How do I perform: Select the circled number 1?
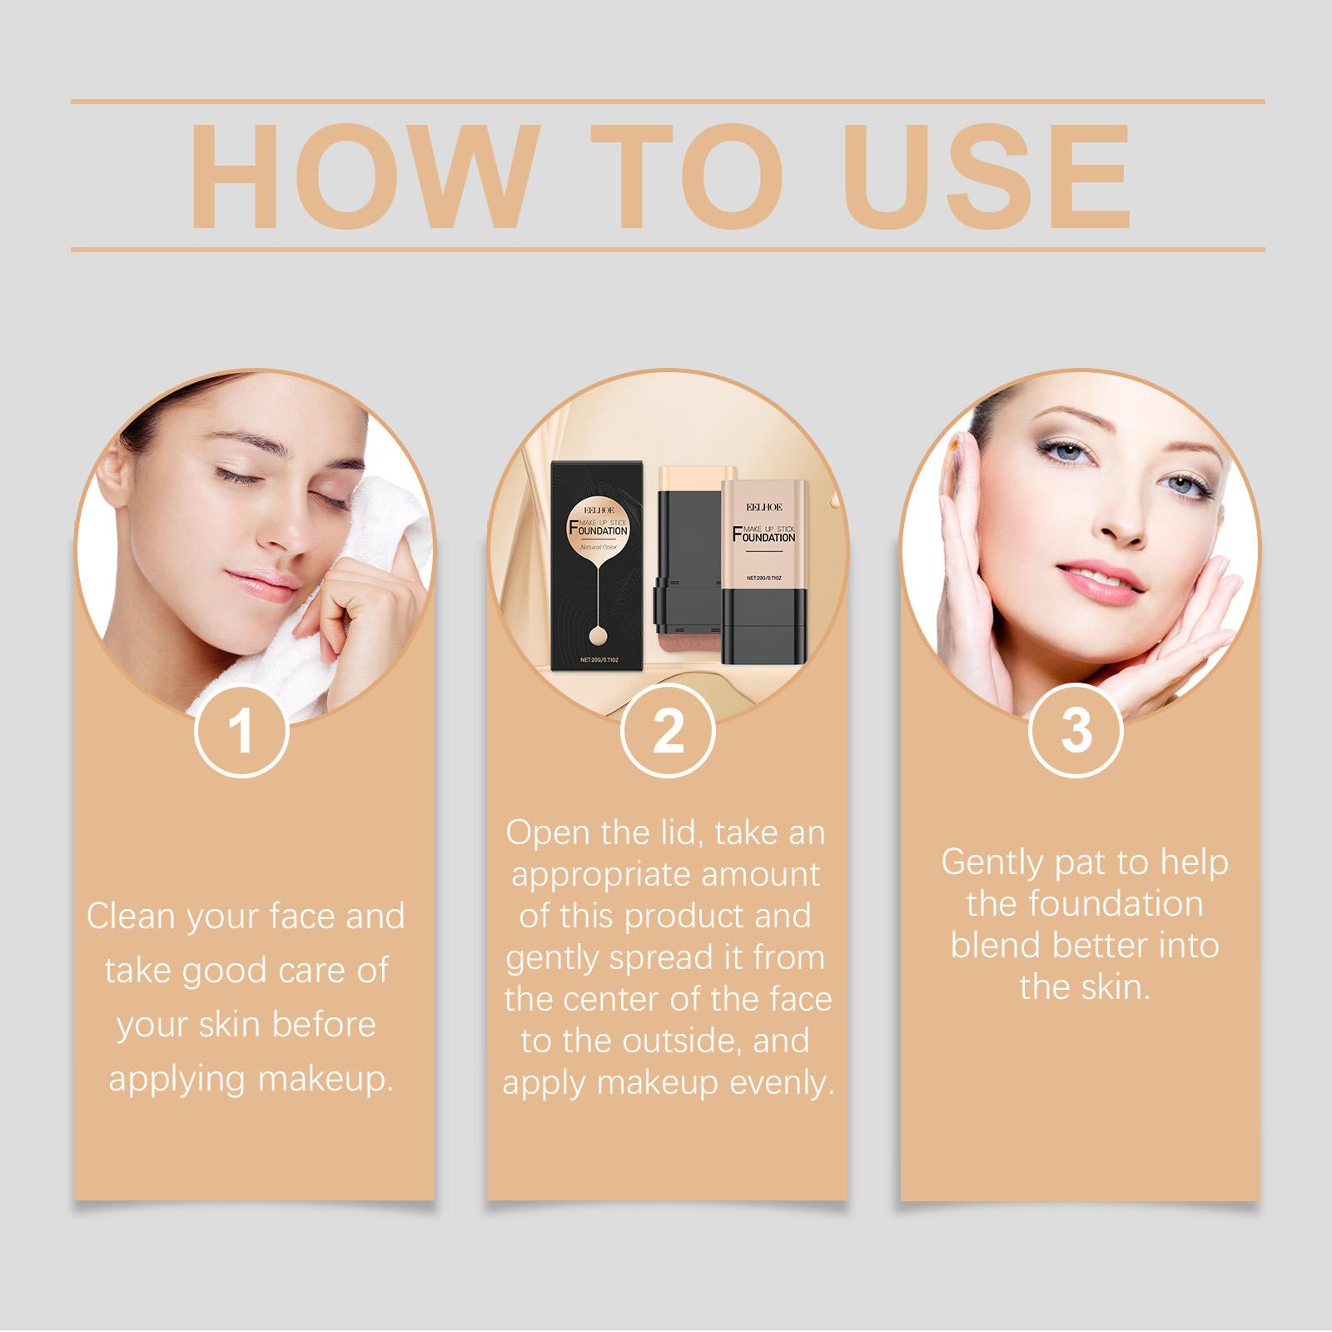tap(241, 731)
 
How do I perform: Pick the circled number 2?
tap(668, 731)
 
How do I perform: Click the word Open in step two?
tap(545, 833)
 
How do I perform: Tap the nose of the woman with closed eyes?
tap(254, 533)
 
